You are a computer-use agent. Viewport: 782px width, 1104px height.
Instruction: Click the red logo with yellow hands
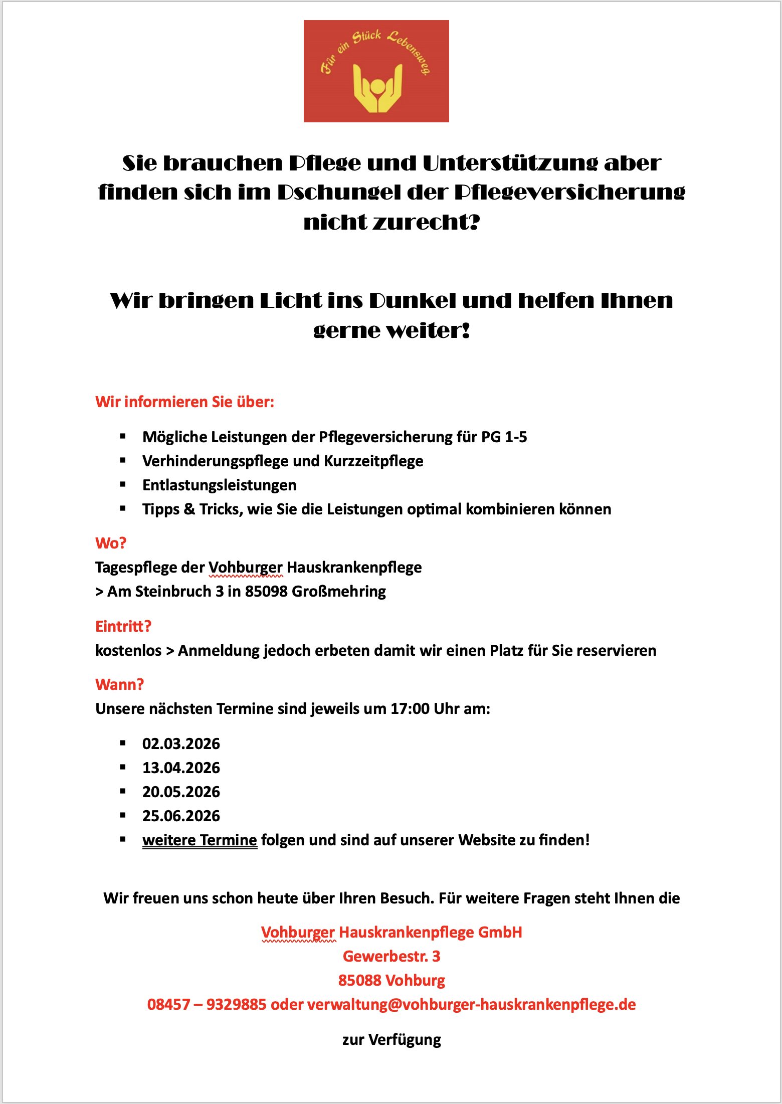pos(376,71)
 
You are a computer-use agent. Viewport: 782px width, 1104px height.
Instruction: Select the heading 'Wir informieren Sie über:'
pos(184,402)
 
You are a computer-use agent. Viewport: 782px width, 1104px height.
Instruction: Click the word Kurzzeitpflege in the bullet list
pos(373,461)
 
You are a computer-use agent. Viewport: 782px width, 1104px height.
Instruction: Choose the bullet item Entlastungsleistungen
pos(219,485)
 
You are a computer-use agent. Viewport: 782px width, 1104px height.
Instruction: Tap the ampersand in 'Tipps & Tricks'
pos(189,509)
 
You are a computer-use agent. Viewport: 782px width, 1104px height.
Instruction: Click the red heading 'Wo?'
pos(111,543)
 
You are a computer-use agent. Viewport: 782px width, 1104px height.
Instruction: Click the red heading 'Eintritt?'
pos(123,626)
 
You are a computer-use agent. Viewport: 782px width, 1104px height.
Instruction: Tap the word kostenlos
pos(128,651)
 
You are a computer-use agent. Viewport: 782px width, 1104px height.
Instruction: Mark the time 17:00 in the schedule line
pos(410,709)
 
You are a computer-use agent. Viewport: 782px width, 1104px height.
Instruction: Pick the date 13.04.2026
pos(181,768)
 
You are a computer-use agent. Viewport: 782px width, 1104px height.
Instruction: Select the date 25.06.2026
pos(181,816)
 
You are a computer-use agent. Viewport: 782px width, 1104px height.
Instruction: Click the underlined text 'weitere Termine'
pos(200,840)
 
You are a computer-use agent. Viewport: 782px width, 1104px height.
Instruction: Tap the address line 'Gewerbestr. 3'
pos(392,957)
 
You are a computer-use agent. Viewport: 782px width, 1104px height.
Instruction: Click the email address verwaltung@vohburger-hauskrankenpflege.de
pos(471,1005)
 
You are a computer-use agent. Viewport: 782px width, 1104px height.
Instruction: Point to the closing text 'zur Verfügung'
pos(392,1040)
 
